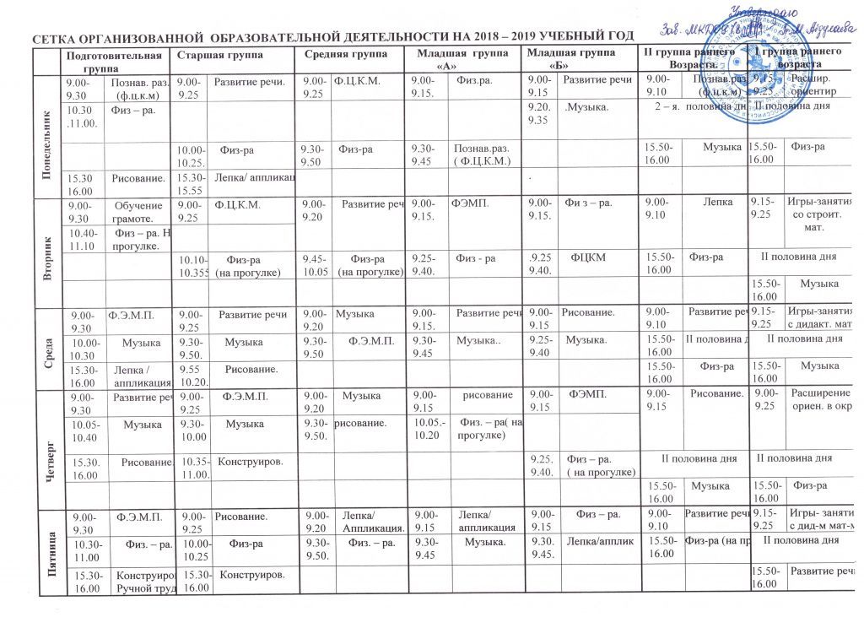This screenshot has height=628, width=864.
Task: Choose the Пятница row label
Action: [x=48, y=547]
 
